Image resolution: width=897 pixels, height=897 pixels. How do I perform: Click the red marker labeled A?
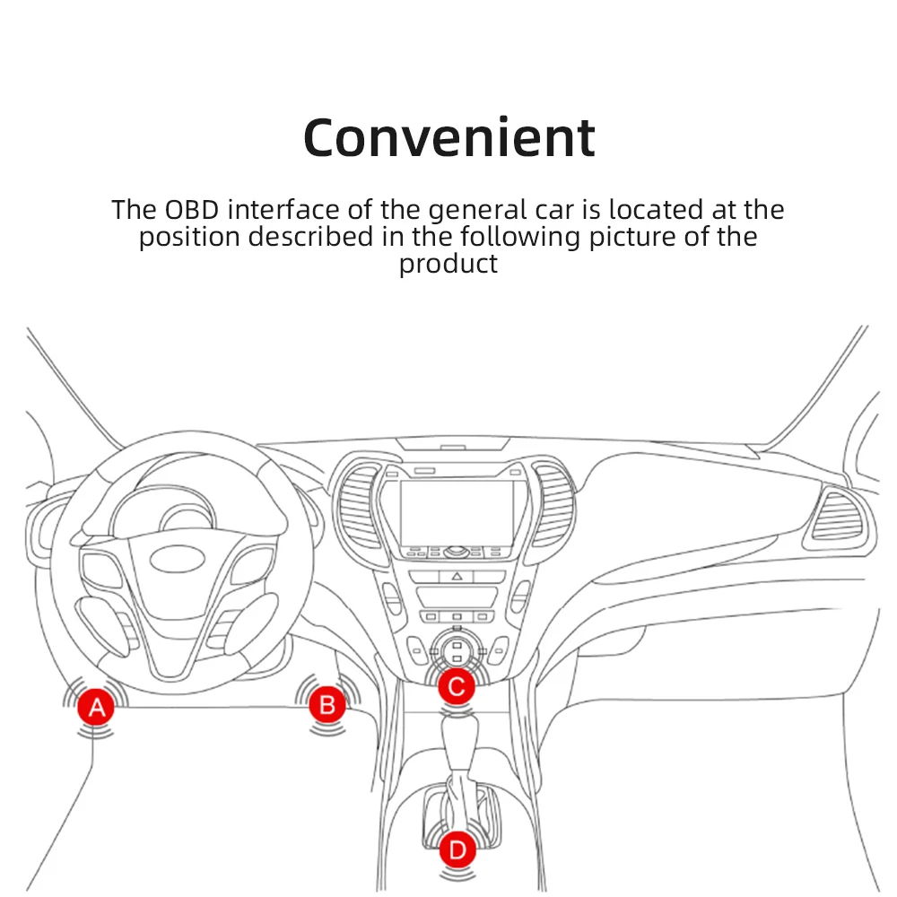[96, 708]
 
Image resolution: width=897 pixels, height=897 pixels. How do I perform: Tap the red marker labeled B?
[327, 705]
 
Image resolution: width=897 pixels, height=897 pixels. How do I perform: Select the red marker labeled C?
[457, 687]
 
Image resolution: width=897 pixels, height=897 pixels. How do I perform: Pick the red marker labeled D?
[457, 849]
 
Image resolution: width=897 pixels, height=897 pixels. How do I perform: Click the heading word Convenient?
[448, 137]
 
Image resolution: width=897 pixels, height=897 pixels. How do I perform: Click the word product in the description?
[448, 264]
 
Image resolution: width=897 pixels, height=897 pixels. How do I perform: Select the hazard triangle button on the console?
[457, 577]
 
